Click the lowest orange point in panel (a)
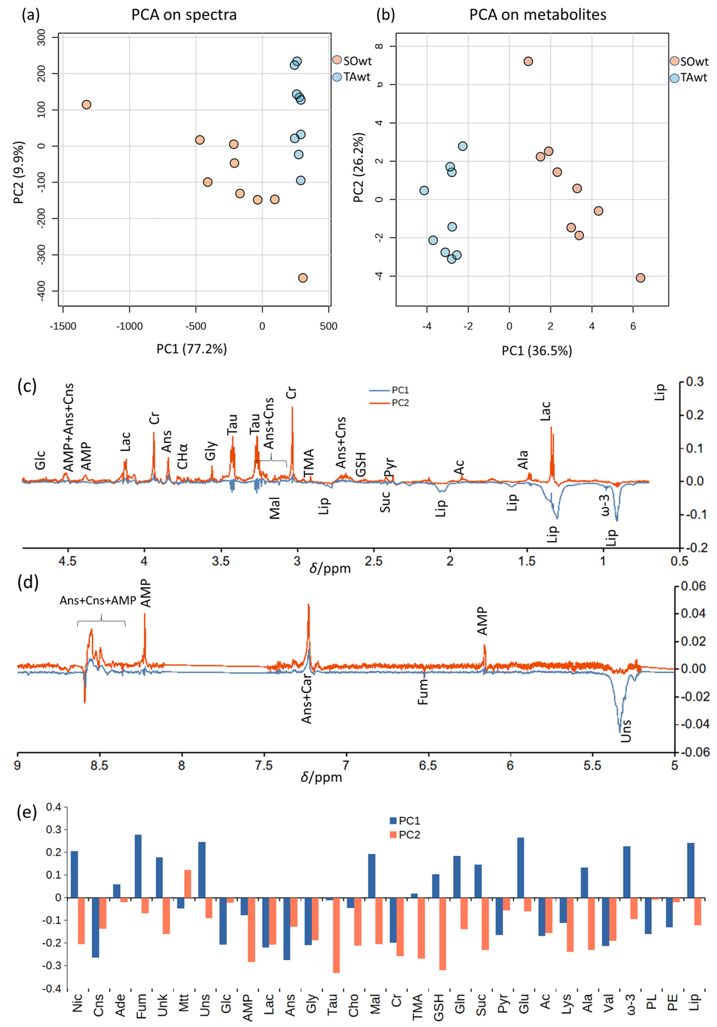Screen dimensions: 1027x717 coord(303,278)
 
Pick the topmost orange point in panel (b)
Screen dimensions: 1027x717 coord(528,61)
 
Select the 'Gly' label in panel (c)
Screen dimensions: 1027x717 coord(211,450)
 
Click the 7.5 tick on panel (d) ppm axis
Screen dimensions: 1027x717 coord(263,766)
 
